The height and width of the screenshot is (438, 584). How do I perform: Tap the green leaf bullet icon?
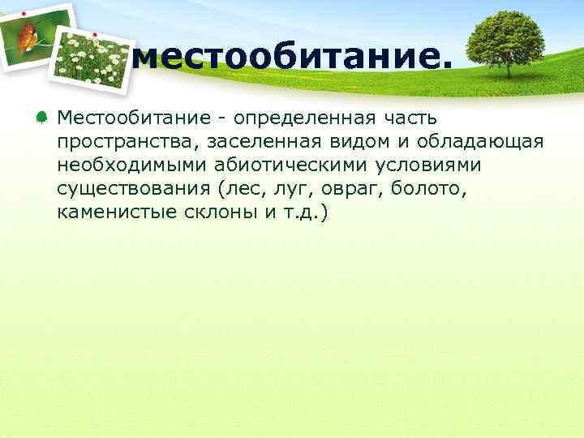pyautogui.click(x=41, y=118)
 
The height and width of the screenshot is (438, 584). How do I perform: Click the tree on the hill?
pyautogui.click(x=507, y=39)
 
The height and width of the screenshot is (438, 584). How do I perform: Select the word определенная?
pyautogui.click(x=297, y=118)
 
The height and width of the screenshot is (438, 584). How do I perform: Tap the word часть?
pyautogui.click(x=410, y=118)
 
